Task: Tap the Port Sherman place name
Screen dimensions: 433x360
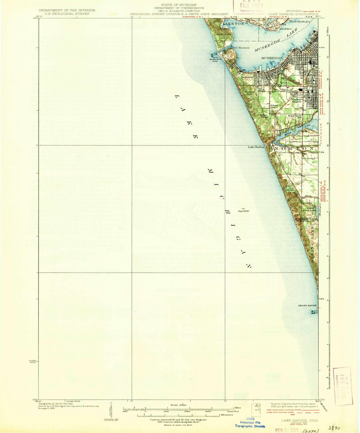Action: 241,47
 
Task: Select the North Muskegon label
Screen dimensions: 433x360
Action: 300,21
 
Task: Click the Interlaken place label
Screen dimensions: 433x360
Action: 286,29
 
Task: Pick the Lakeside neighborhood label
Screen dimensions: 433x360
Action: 248,77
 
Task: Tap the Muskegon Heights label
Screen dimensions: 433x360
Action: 297,100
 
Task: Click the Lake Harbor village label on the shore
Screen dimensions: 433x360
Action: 256,147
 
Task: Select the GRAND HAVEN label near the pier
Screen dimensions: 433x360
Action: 307,305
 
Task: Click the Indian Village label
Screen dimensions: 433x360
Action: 264,116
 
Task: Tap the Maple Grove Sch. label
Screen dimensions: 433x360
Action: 295,117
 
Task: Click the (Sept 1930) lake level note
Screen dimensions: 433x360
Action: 243,211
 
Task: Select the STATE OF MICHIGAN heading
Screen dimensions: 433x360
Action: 179,5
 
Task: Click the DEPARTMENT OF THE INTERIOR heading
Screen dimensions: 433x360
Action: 67,10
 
